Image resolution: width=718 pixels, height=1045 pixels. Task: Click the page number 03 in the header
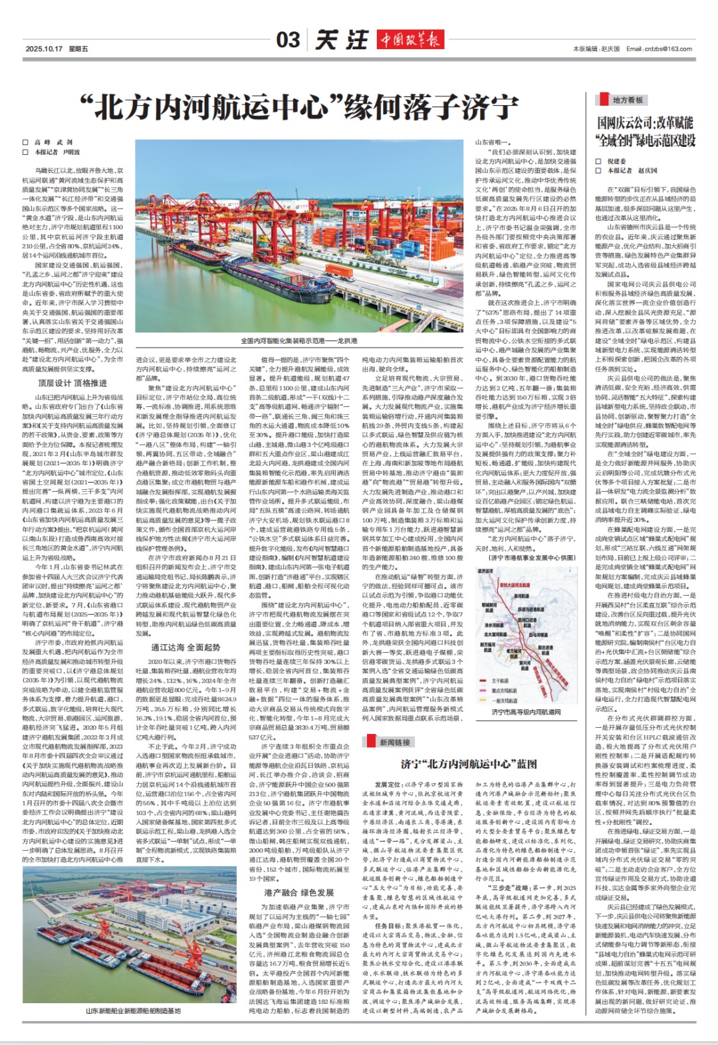click(288, 40)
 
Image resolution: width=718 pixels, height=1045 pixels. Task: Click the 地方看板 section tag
click(628, 100)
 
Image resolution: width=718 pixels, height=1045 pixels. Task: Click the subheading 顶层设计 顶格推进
click(72, 383)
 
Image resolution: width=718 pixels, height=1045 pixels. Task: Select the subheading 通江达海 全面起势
click(185, 647)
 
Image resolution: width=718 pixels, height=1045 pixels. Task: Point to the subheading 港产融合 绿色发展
click(299, 892)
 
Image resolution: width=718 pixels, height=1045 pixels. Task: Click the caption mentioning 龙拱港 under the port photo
click(299, 340)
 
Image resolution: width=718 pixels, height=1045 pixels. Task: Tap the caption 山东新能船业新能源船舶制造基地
click(132, 1011)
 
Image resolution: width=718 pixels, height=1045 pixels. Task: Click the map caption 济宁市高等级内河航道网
click(526, 713)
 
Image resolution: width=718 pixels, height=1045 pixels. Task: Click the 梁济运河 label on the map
click(486, 571)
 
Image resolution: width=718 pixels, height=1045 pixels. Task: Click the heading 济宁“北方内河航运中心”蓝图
click(469, 764)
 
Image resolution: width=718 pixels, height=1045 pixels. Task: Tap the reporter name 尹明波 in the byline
click(71, 152)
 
